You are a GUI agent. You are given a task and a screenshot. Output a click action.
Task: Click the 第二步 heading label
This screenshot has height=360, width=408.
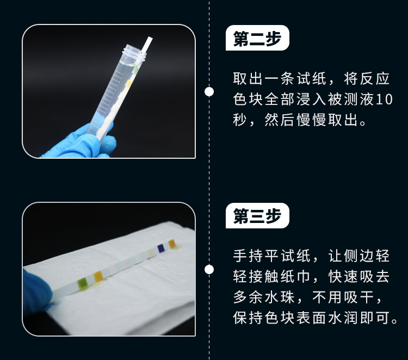click(257, 40)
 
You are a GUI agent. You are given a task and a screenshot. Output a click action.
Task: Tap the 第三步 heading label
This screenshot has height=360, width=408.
click(257, 216)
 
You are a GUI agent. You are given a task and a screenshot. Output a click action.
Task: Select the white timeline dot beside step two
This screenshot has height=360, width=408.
click(209, 91)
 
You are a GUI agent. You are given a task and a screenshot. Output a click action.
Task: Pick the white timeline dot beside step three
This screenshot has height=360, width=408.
click(209, 269)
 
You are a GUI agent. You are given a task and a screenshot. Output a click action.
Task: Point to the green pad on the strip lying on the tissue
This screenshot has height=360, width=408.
click(83, 282)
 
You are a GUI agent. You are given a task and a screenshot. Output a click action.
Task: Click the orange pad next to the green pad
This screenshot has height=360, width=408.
click(98, 276)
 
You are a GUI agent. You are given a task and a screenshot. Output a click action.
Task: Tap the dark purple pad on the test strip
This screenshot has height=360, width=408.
click(161, 249)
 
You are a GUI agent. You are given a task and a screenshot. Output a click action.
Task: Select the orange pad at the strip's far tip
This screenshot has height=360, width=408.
click(172, 244)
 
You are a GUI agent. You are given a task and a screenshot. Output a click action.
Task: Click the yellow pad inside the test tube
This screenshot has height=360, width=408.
click(128, 83)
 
